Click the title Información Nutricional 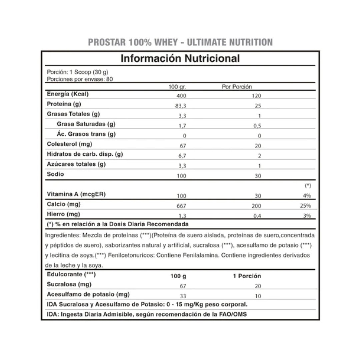pyautogui.click(x=180, y=58)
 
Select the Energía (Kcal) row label pyautogui.click(x=68, y=94)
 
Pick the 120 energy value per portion pyautogui.click(x=257, y=96)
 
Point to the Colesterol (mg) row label pyautogui.click(x=69, y=144)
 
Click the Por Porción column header pyautogui.click(x=237, y=87)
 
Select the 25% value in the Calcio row pyautogui.click(x=305, y=206)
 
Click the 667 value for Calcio pyautogui.click(x=182, y=206)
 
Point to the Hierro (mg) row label pyautogui.click(x=63, y=214)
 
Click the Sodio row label pyautogui.click(x=55, y=174)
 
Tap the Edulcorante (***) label pyautogui.click(x=71, y=275)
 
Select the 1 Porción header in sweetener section pyautogui.click(x=247, y=276)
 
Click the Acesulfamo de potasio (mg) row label pyautogui.click(x=88, y=294)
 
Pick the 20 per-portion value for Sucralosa pyautogui.click(x=258, y=286)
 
